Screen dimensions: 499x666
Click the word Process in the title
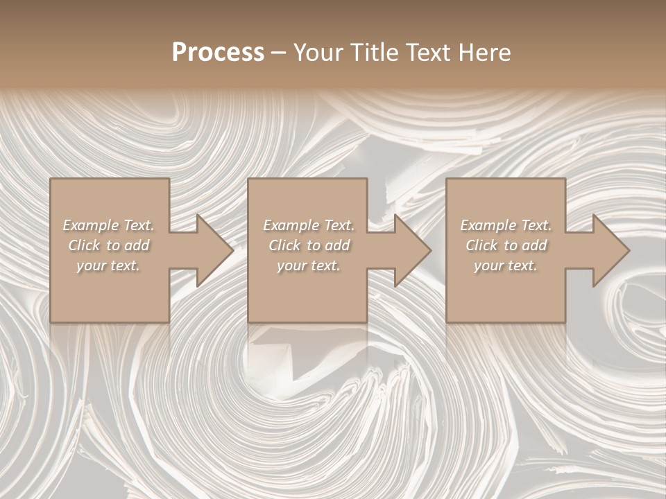218,53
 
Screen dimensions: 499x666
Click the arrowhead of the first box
212,250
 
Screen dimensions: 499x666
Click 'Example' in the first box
91,225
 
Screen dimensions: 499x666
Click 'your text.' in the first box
108,265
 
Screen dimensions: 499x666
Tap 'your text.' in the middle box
309,265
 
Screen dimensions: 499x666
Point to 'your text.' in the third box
506,265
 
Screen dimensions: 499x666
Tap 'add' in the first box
138,245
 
